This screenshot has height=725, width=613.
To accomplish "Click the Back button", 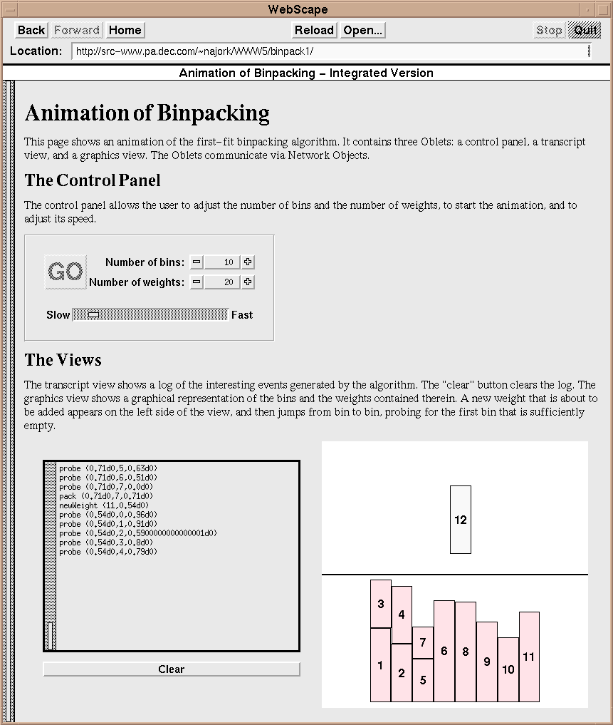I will tap(31, 30).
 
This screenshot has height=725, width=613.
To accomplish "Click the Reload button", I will tap(314, 30).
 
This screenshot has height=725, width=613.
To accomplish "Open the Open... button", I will tap(362, 30).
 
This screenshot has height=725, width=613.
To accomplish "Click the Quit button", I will tap(585, 30).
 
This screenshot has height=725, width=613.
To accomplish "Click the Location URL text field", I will tap(331, 51).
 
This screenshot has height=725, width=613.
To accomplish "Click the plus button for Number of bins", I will tap(248, 262).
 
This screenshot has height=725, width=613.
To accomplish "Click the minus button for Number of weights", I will tap(197, 282).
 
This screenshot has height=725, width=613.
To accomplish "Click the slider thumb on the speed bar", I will tap(93, 315).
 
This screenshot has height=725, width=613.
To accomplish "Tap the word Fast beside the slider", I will tap(242, 315).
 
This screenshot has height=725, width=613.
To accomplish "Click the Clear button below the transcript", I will tap(172, 669).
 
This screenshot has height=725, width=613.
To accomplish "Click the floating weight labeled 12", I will tap(461, 520).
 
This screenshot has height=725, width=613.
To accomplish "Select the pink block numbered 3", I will tap(381, 604).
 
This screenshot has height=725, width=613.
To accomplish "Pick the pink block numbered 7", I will tap(423, 642).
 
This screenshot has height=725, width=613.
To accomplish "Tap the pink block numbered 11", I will tap(529, 657).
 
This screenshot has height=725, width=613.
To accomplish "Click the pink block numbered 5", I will tap(423, 680).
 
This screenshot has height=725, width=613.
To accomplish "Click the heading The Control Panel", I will tap(93, 180).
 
